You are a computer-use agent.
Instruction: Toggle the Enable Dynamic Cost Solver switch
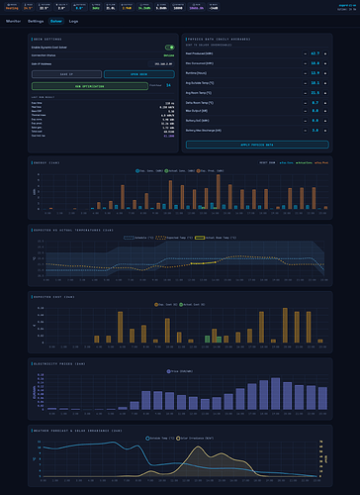pyautogui.click(x=169, y=47)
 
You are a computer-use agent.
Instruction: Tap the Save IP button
pyautogui.click(x=65, y=74)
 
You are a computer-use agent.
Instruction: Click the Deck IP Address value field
pyautogui.click(x=162, y=62)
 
